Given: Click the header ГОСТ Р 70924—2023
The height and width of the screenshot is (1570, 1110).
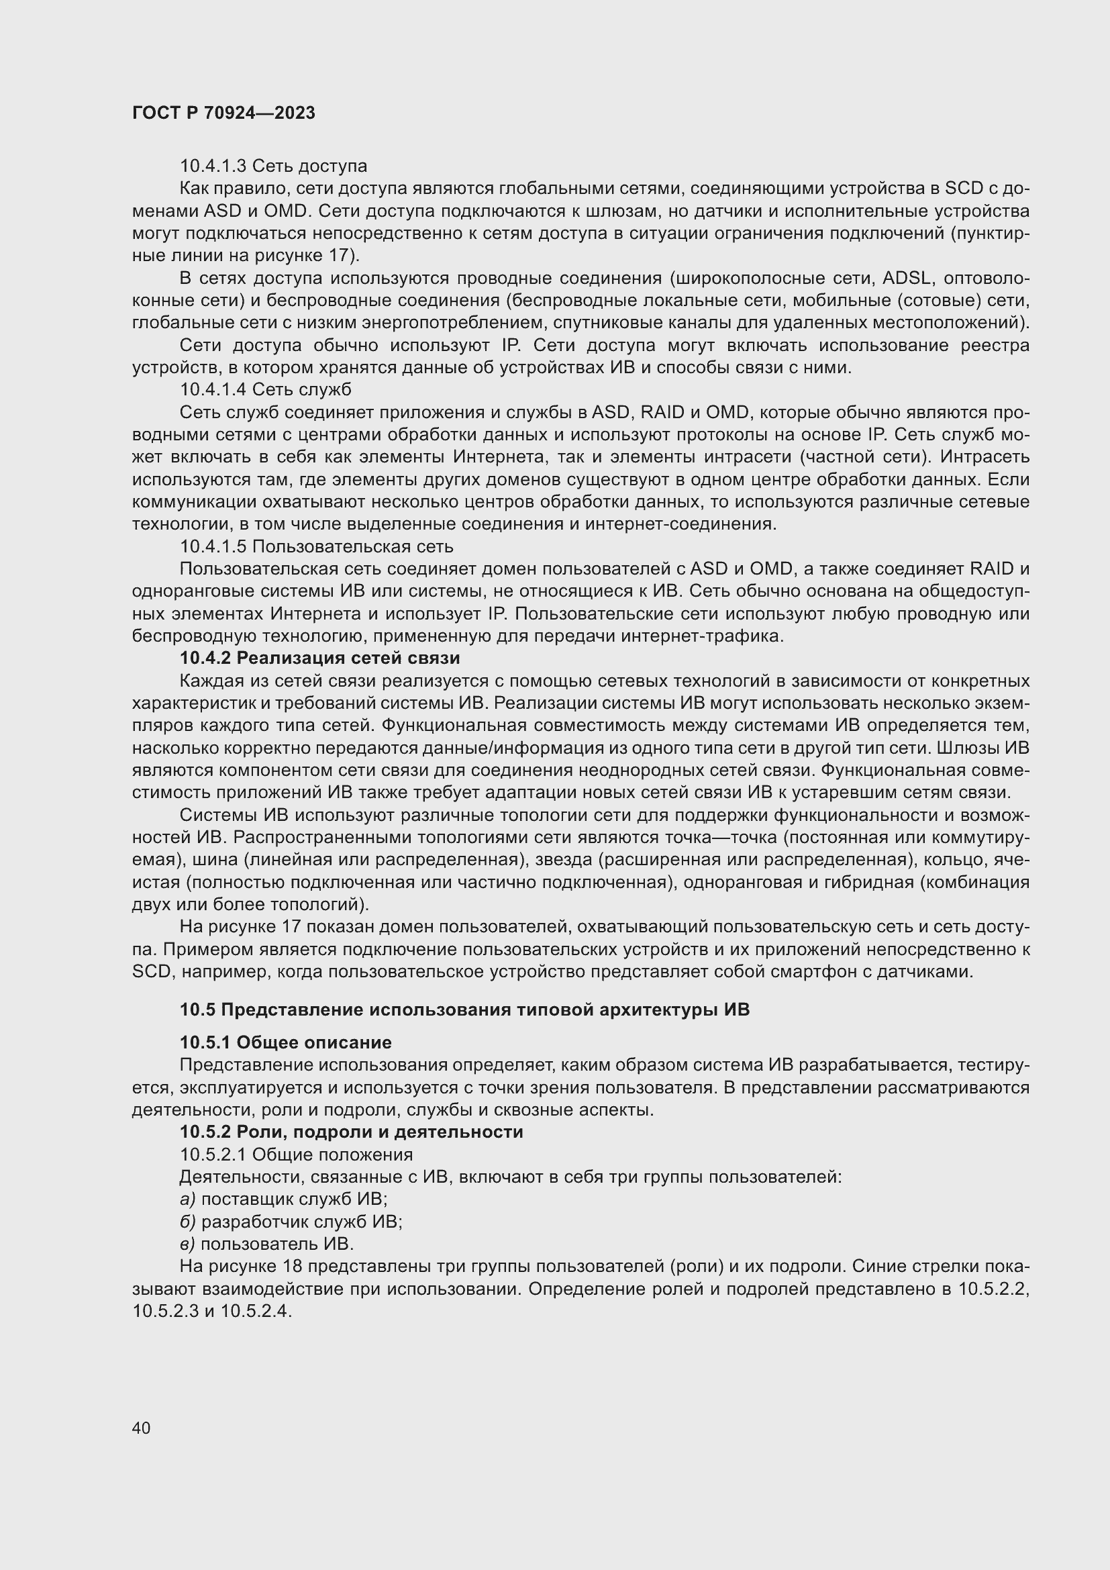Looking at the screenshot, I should [x=223, y=113].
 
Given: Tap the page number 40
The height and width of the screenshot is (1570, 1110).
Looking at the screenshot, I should [x=142, y=1428].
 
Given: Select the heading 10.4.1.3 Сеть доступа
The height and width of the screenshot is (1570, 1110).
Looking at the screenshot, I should [x=273, y=166].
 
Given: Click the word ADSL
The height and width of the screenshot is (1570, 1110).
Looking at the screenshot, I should [x=906, y=279].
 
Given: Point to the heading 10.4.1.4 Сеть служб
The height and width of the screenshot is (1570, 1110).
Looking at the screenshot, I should [x=265, y=390].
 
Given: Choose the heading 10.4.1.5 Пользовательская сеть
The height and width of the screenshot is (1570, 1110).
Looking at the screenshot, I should [x=317, y=547].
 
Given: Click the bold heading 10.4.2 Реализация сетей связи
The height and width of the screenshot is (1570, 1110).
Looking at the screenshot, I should [x=320, y=658].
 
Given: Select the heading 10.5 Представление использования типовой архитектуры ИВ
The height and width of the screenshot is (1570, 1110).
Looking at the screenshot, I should [x=465, y=1010].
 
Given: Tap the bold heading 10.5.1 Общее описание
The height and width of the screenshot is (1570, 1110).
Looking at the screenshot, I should [x=286, y=1043].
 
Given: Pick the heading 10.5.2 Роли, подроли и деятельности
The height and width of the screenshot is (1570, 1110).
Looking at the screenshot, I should [x=351, y=1132].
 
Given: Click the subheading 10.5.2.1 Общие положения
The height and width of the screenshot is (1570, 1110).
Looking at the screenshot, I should [x=296, y=1155].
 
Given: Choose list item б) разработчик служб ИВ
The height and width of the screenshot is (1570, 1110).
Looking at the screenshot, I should [x=291, y=1222].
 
